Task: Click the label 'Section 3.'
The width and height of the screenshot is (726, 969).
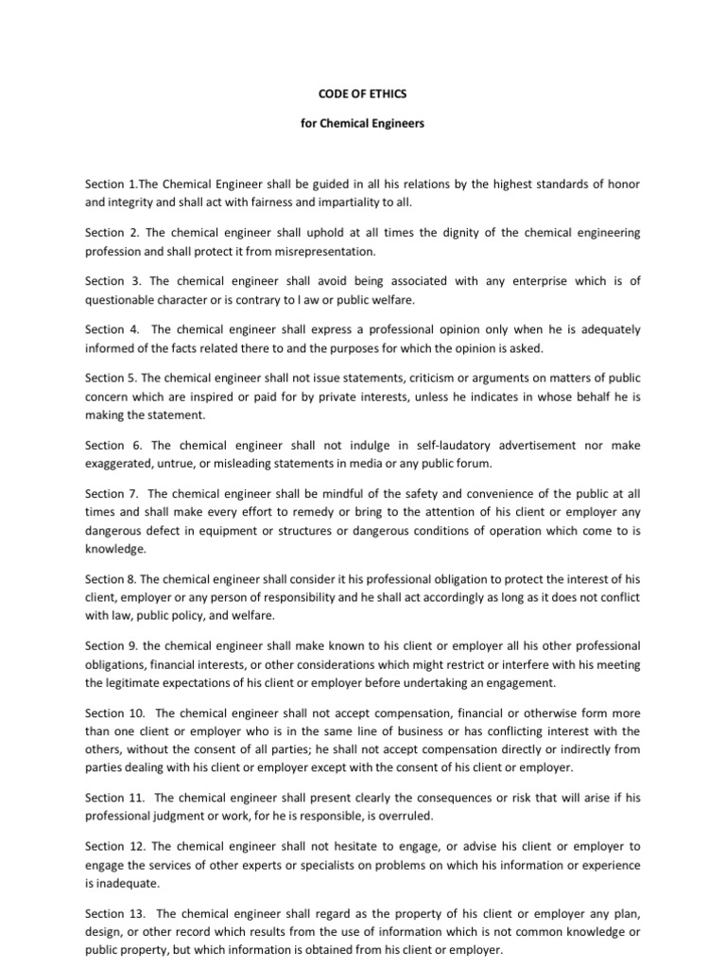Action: (105, 281)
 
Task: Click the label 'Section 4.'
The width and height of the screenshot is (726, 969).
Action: (105, 330)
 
